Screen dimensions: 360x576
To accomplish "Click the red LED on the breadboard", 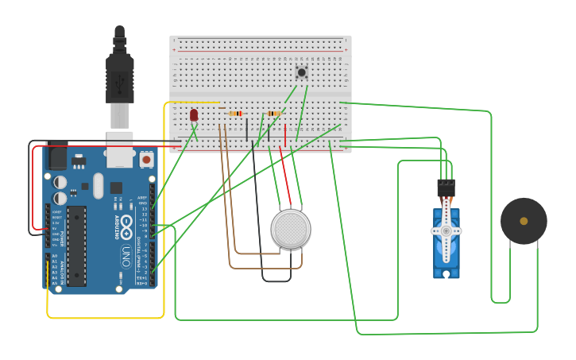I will click(x=194, y=115).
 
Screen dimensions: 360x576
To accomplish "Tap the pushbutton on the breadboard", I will click(x=302, y=72).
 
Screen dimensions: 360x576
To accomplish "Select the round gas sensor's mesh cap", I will click(x=291, y=229).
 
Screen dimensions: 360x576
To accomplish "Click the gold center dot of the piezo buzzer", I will click(x=524, y=221).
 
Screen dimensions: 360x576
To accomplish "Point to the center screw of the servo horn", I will click(x=446, y=231).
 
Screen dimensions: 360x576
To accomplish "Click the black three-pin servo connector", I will click(x=446, y=188).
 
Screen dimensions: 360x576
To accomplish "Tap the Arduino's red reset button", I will click(x=146, y=159).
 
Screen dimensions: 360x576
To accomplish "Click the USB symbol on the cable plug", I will click(x=120, y=81).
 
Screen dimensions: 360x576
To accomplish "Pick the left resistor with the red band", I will click(x=235, y=114).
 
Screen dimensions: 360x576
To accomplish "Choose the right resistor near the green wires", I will click(x=274, y=114).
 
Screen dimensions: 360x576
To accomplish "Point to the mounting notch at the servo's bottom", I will click(x=446, y=274).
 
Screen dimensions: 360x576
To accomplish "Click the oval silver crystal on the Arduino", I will click(x=98, y=186).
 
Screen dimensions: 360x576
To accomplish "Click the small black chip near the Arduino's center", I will click(x=116, y=188).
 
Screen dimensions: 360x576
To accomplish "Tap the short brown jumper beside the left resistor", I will click(x=222, y=109).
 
